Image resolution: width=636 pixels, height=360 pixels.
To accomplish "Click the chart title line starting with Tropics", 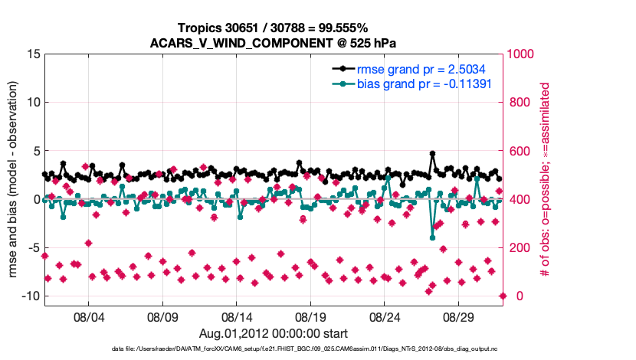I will coord(274,28).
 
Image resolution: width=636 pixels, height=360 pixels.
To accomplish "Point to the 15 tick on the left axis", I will coord(33,54).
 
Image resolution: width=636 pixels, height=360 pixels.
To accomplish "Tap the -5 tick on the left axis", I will coord(33,248).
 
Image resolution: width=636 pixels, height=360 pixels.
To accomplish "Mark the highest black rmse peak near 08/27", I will coord(433,154).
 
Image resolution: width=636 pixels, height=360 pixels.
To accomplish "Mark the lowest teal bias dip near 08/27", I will coord(433,237).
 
